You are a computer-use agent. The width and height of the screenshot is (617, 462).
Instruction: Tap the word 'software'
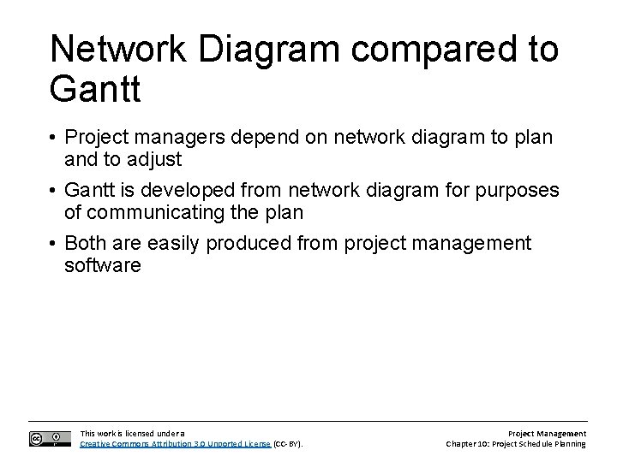pos(102,265)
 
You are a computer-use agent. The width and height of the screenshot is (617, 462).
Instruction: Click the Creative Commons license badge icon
pos(50,438)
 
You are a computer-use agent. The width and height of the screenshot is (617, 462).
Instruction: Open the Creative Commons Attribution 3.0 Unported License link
pos(175,444)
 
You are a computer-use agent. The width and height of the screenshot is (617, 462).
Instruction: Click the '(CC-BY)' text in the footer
pos(289,444)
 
